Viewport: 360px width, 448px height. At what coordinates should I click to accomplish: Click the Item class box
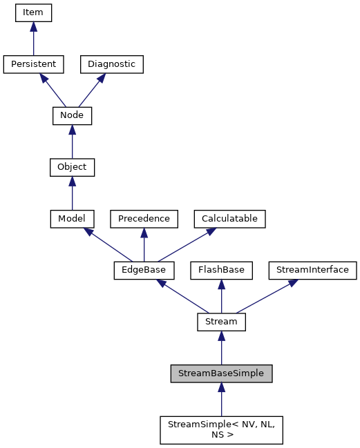[33, 12]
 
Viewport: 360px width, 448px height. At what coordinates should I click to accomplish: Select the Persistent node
[33, 64]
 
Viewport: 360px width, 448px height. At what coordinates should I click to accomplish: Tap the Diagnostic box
[111, 64]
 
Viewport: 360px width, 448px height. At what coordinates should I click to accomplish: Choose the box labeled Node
[72, 115]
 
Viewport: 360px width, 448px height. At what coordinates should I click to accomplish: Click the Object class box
[72, 167]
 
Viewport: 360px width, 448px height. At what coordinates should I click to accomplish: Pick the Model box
[72, 219]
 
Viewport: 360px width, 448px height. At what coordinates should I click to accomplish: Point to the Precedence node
[144, 219]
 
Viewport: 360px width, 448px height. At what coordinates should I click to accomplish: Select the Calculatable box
[229, 219]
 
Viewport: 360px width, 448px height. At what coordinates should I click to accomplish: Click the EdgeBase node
[144, 270]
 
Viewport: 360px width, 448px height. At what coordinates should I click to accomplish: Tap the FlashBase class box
[221, 270]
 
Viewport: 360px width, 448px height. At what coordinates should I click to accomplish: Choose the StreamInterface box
[312, 270]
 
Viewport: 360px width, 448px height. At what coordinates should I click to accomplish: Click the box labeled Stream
[221, 322]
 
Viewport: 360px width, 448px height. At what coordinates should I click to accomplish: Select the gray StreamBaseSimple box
[221, 373]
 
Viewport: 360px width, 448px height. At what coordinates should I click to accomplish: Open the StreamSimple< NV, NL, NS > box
[221, 429]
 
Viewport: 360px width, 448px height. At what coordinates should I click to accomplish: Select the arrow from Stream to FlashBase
[221, 296]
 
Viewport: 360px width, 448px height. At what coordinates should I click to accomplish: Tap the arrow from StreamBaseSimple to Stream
[221, 348]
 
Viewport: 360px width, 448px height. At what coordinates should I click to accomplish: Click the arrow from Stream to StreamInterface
[267, 296]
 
